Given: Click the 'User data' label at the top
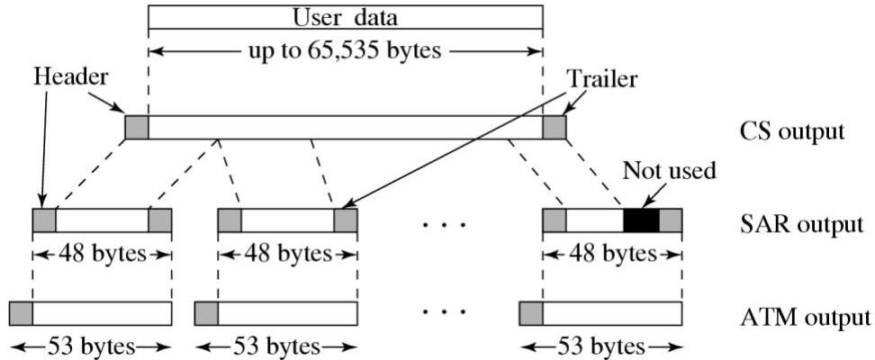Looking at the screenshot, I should click(x=345, y=17).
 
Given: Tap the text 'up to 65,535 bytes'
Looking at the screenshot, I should click(x=345, y=49).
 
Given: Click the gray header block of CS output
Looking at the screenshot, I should click(x=137, y=128).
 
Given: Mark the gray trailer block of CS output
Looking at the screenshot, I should click(x=555, y=128).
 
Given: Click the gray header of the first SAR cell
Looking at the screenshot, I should click(x=44, y=221).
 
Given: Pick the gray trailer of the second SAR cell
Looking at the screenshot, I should click(x=345, y=221).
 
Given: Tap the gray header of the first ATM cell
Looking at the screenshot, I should click(x=21, y=314).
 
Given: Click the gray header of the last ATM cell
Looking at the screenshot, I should click(x=531, y=314).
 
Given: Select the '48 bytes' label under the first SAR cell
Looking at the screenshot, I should click(x=102, y=253).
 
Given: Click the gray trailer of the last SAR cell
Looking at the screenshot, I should click(x=671, y=221).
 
